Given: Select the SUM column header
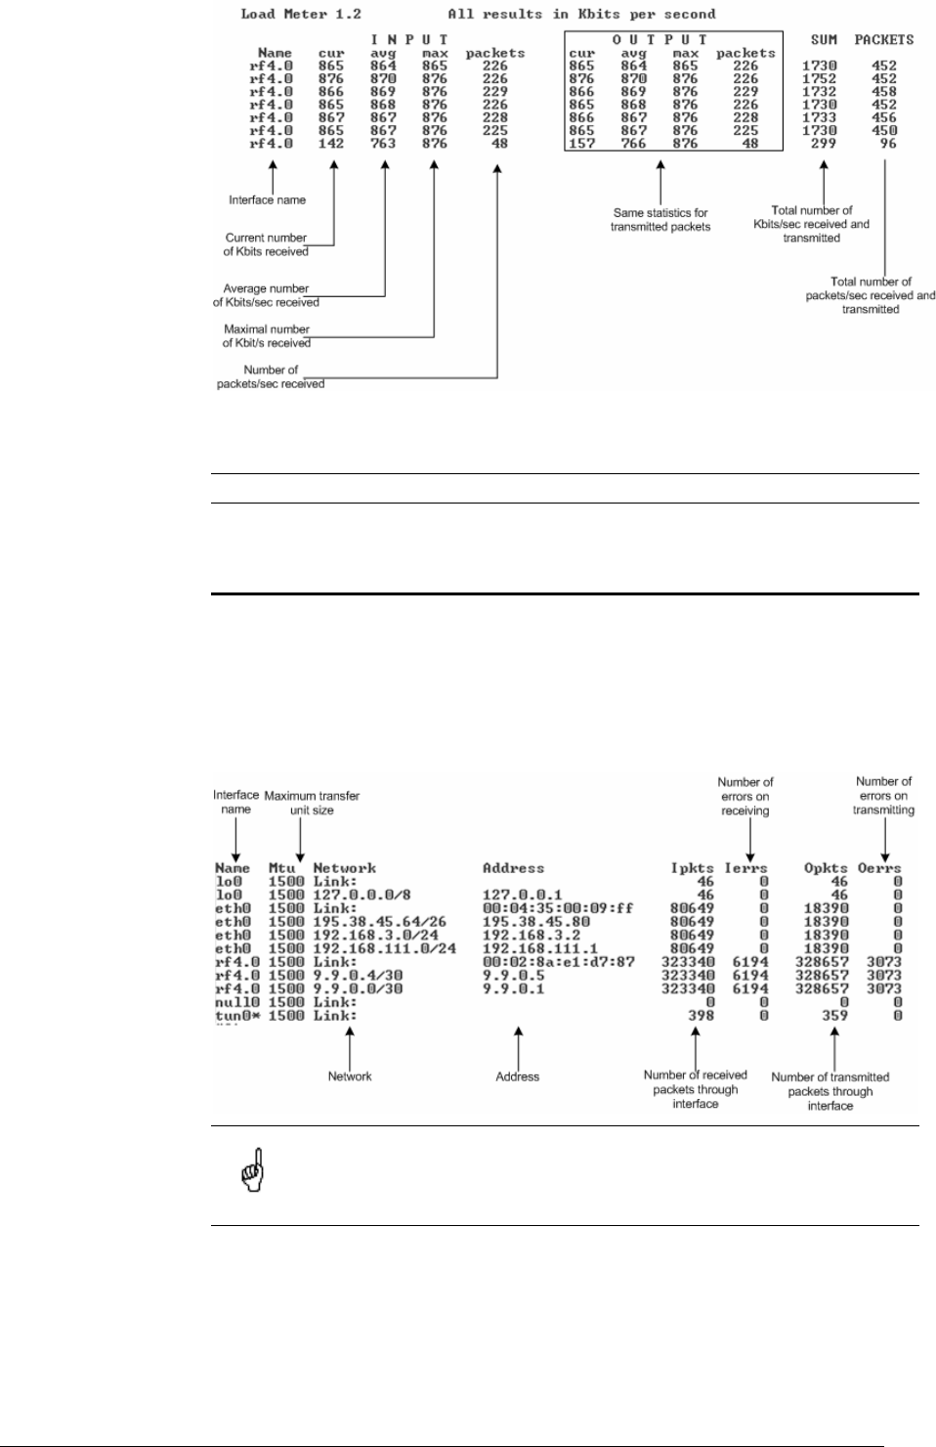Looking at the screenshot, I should (824, 40).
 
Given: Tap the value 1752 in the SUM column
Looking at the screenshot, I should (824, 79).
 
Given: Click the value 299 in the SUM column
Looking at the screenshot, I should (824, 143).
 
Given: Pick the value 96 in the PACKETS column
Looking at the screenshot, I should (886, 143).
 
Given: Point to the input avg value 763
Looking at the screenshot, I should (383, 143).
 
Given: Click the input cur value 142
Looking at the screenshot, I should (331, 143).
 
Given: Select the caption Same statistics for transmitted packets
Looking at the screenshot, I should (660, 220).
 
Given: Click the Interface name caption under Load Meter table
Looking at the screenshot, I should (267, 200).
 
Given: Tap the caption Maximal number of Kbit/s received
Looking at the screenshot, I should (266, 336).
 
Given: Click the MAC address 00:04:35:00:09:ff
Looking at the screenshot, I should (558, 908).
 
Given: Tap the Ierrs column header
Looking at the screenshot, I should (745, 868).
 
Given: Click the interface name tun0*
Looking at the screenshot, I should (236, 1016).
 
